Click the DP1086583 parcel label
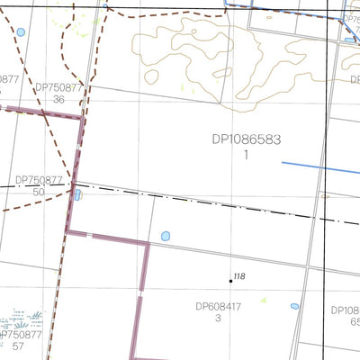tap(245, 140)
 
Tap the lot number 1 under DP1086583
tap(245, 155)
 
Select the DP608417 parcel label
tap(219, 306)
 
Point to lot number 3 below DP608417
tap(218, 319)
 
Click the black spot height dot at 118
tap(230, 281)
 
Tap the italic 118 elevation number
tap(239, 276)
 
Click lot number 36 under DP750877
tap(58, 100)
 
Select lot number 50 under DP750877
tap(38, 192)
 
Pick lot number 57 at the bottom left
tap(18, 346)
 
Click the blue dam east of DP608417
tap(295, 306)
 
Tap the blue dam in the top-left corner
tap(21, 32)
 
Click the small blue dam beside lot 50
tap(78, 193)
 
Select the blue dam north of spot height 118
tap(166, 237)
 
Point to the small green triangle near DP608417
tap(264, 299)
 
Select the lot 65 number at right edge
tap(355, 321)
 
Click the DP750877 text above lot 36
tap(58, 88)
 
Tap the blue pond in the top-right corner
tap(349, 40)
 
